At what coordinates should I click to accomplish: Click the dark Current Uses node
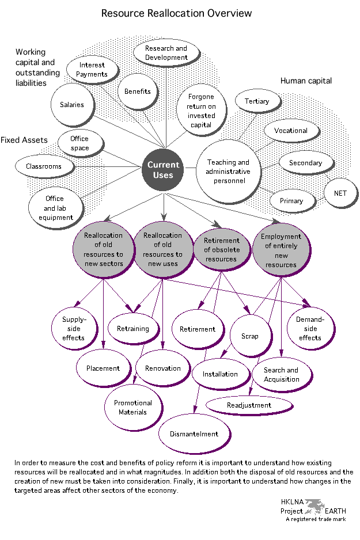(x=164, y=170)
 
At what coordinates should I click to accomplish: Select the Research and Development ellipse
(x=166, y=53)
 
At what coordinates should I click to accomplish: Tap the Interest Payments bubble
(x=92, y=70)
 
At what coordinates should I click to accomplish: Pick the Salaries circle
(x=72, y=105)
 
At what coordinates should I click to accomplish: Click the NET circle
(x=340, y=193)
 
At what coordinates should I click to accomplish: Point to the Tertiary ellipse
(x=257, y=101)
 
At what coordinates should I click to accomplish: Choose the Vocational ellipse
(x=291, y=131)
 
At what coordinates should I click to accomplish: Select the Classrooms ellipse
(x=43, y=166)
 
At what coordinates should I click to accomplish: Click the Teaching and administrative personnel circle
(x=229, y=172)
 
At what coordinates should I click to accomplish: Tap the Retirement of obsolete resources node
(x=222, y=247)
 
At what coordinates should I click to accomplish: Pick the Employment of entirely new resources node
(x=281, y=250)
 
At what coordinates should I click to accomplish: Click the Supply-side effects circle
(x=74, y=329)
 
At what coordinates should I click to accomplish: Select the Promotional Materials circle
(x=133, y=408)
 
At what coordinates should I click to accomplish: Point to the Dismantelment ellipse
(x=194, y=434)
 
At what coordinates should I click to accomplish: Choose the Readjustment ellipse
(x=249, y=405)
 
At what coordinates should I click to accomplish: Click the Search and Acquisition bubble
(x=281, y=375)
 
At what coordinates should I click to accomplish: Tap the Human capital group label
(x=306, y=81)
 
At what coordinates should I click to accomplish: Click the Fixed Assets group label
(x=24, y=140)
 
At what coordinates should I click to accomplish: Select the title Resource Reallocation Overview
(x=176, y=13)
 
